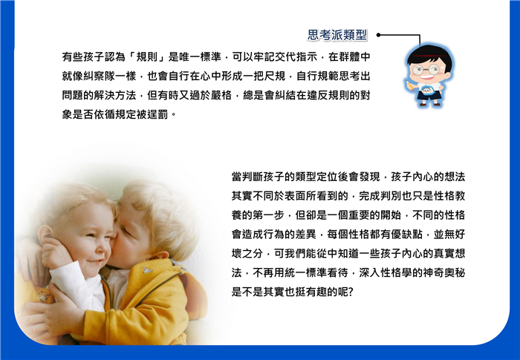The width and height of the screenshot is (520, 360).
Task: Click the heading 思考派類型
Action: click(337, 35)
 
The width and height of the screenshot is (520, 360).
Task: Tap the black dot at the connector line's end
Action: click(378, 35)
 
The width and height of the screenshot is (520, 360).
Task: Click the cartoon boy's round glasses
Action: click(426, 70)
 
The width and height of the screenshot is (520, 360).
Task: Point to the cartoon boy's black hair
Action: click(429, 56)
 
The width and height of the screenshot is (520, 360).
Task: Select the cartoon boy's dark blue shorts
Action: click(429, 96)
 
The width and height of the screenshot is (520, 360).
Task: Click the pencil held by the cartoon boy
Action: click(410, 85)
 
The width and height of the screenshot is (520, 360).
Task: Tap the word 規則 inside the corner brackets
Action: click(147, 57)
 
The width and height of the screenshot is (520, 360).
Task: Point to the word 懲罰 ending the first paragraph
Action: click(157, 115)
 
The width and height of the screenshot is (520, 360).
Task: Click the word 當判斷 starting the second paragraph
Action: click(247, 177)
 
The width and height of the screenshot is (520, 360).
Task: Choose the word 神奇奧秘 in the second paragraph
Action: click(444, 273)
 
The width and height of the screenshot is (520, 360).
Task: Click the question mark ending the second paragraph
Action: click(351, 292)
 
